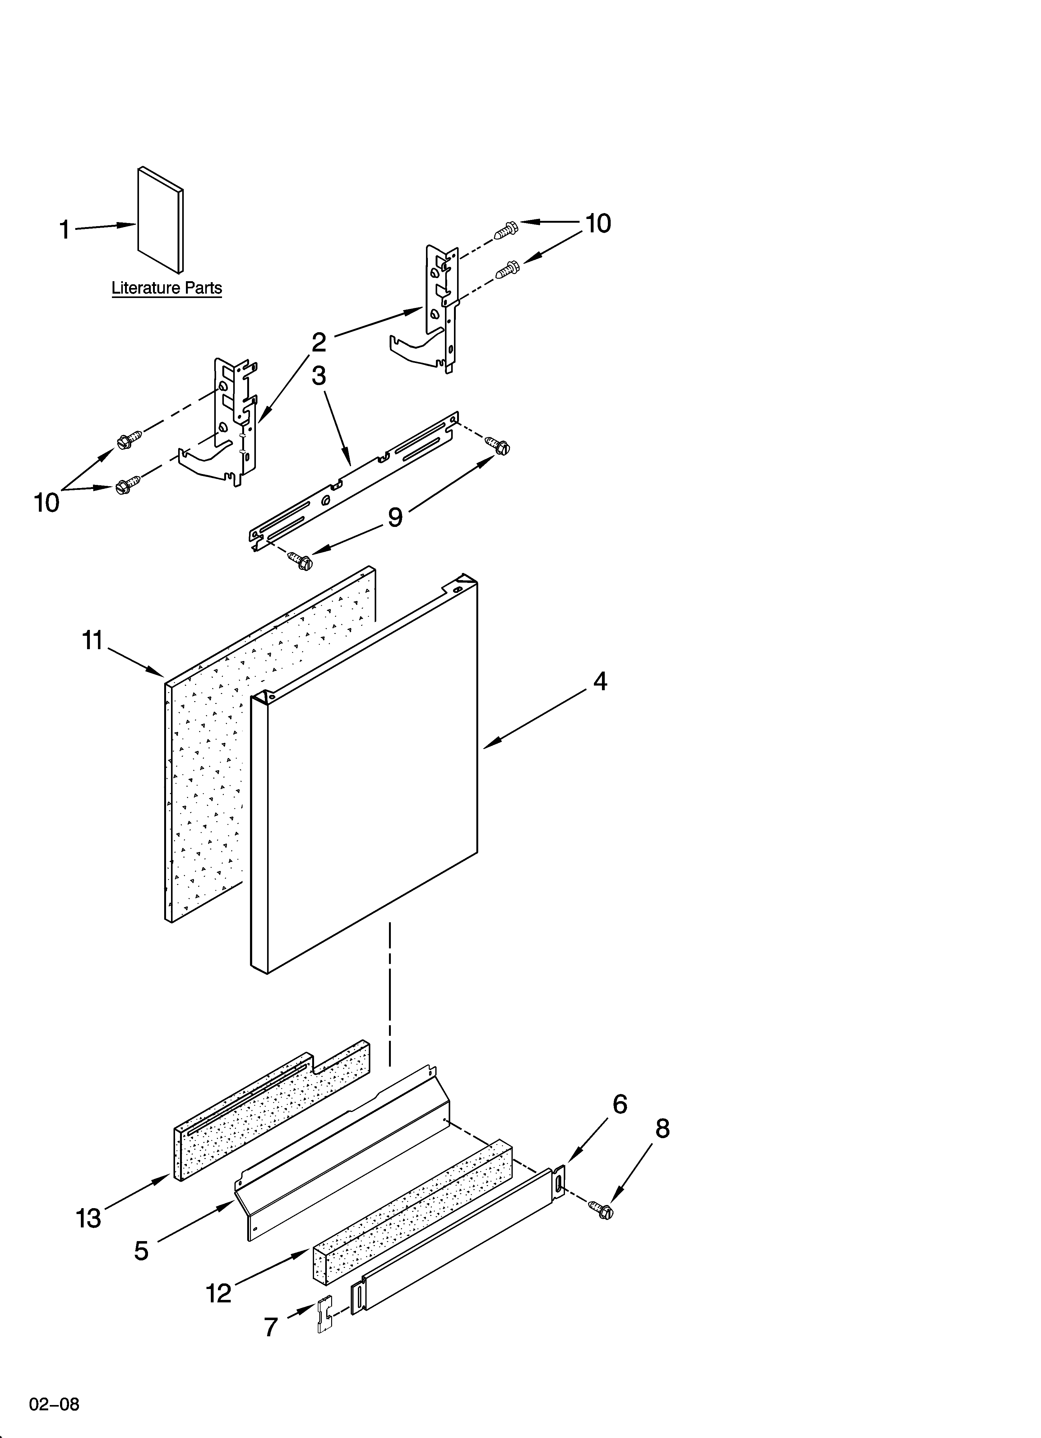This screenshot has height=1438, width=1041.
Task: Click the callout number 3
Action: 319,376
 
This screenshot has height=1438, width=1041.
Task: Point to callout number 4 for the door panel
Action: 600,682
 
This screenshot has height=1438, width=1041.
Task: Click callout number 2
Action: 319,342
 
